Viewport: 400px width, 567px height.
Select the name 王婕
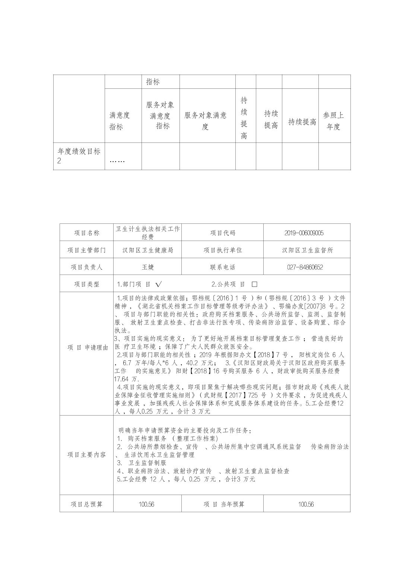[x=148, y=267]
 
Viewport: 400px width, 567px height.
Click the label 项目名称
[x=86, y=233]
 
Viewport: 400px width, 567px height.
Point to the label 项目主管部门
[x=86, y=250]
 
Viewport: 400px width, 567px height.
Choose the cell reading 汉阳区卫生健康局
[x=148, y=250]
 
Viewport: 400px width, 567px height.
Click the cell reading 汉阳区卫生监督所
[x=307, y=250]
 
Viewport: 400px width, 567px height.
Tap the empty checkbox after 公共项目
[x=254, y=284]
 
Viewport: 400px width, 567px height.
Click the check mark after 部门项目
[x=159, y=284]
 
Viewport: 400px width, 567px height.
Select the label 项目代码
[x=222, y=233]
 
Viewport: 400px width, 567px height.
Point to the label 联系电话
[x=222, y=267]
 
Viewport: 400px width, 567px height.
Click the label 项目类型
[x=86, y=284]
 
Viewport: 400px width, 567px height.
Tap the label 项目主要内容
[x=86, y=455]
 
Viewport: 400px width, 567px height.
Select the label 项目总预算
[x=86, y=504]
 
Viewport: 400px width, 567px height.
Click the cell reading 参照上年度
[x=334, y=121]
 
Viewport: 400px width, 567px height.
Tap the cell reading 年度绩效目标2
[x=79, y=156]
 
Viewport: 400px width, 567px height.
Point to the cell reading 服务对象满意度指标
[x=160, y=115]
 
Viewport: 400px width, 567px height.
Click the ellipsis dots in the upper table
[x=117, y=162]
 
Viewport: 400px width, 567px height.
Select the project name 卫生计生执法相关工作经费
[x=148, y=232]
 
